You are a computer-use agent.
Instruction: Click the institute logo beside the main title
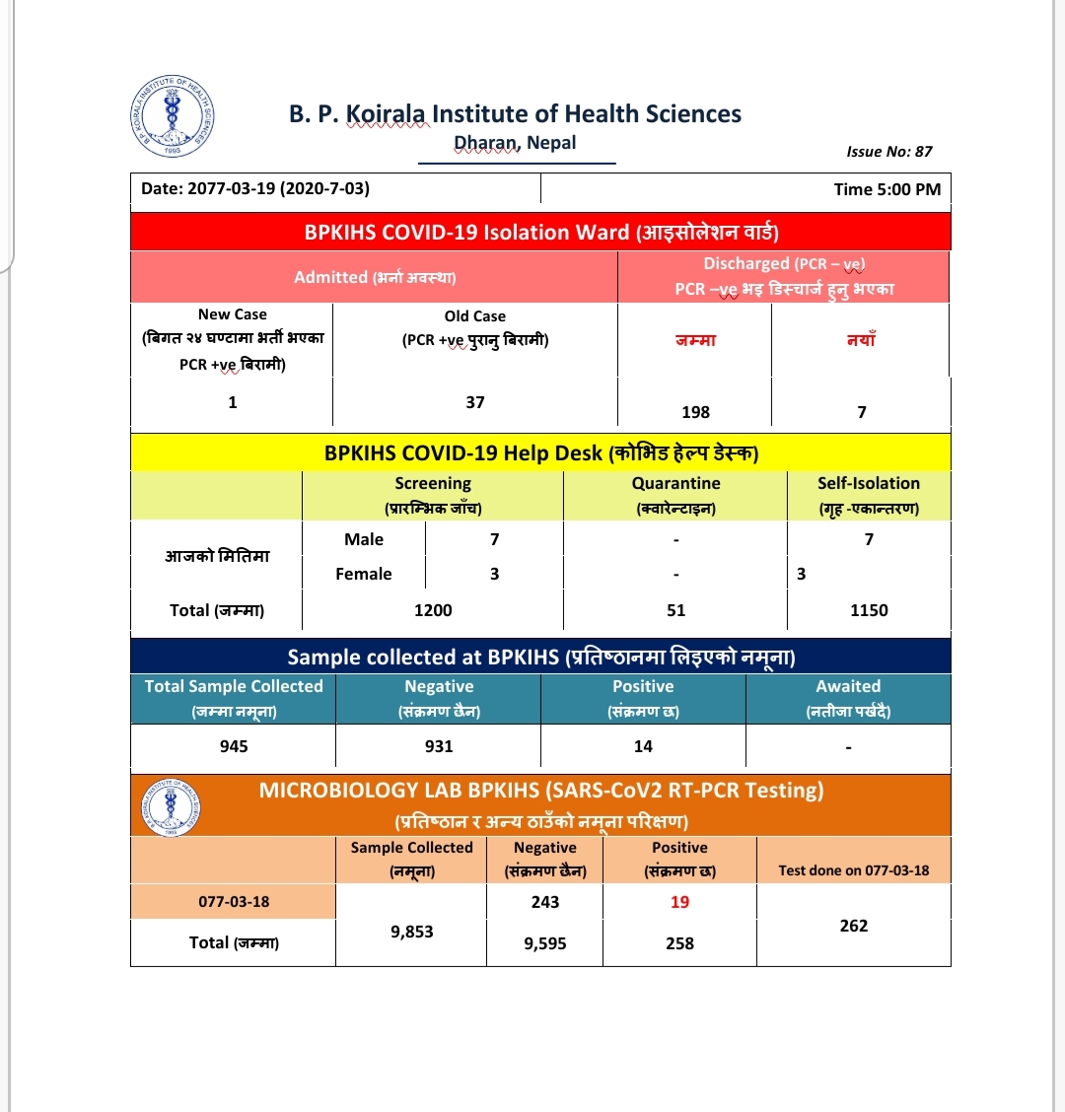coord(172,115)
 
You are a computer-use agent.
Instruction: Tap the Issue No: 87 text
coord(888,152)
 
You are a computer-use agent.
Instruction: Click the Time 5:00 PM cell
coord(887,189)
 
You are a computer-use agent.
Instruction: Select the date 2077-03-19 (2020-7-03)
coord(255,189)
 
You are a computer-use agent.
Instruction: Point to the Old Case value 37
coord(475,402)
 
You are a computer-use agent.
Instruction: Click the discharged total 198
coord(695,412)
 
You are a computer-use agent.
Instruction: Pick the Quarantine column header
coord(675,484)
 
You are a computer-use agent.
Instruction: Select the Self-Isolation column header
coord(868,484)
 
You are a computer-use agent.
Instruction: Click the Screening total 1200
coord(433,610)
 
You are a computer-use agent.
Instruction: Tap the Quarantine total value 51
coord(675,610)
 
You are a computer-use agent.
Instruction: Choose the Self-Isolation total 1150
coord(869,610)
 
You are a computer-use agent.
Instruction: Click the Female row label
coord(363,574)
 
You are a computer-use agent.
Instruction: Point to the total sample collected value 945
coord(234,746)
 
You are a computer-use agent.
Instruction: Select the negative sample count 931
coord(439,746)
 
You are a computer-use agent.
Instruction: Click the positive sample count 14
coord(643,746)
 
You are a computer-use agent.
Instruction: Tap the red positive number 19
coord(679,902)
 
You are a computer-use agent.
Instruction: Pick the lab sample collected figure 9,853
coord(411,932)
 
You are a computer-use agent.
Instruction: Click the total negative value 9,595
coord(545,943)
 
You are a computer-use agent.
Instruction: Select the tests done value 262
coord(854,926)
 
